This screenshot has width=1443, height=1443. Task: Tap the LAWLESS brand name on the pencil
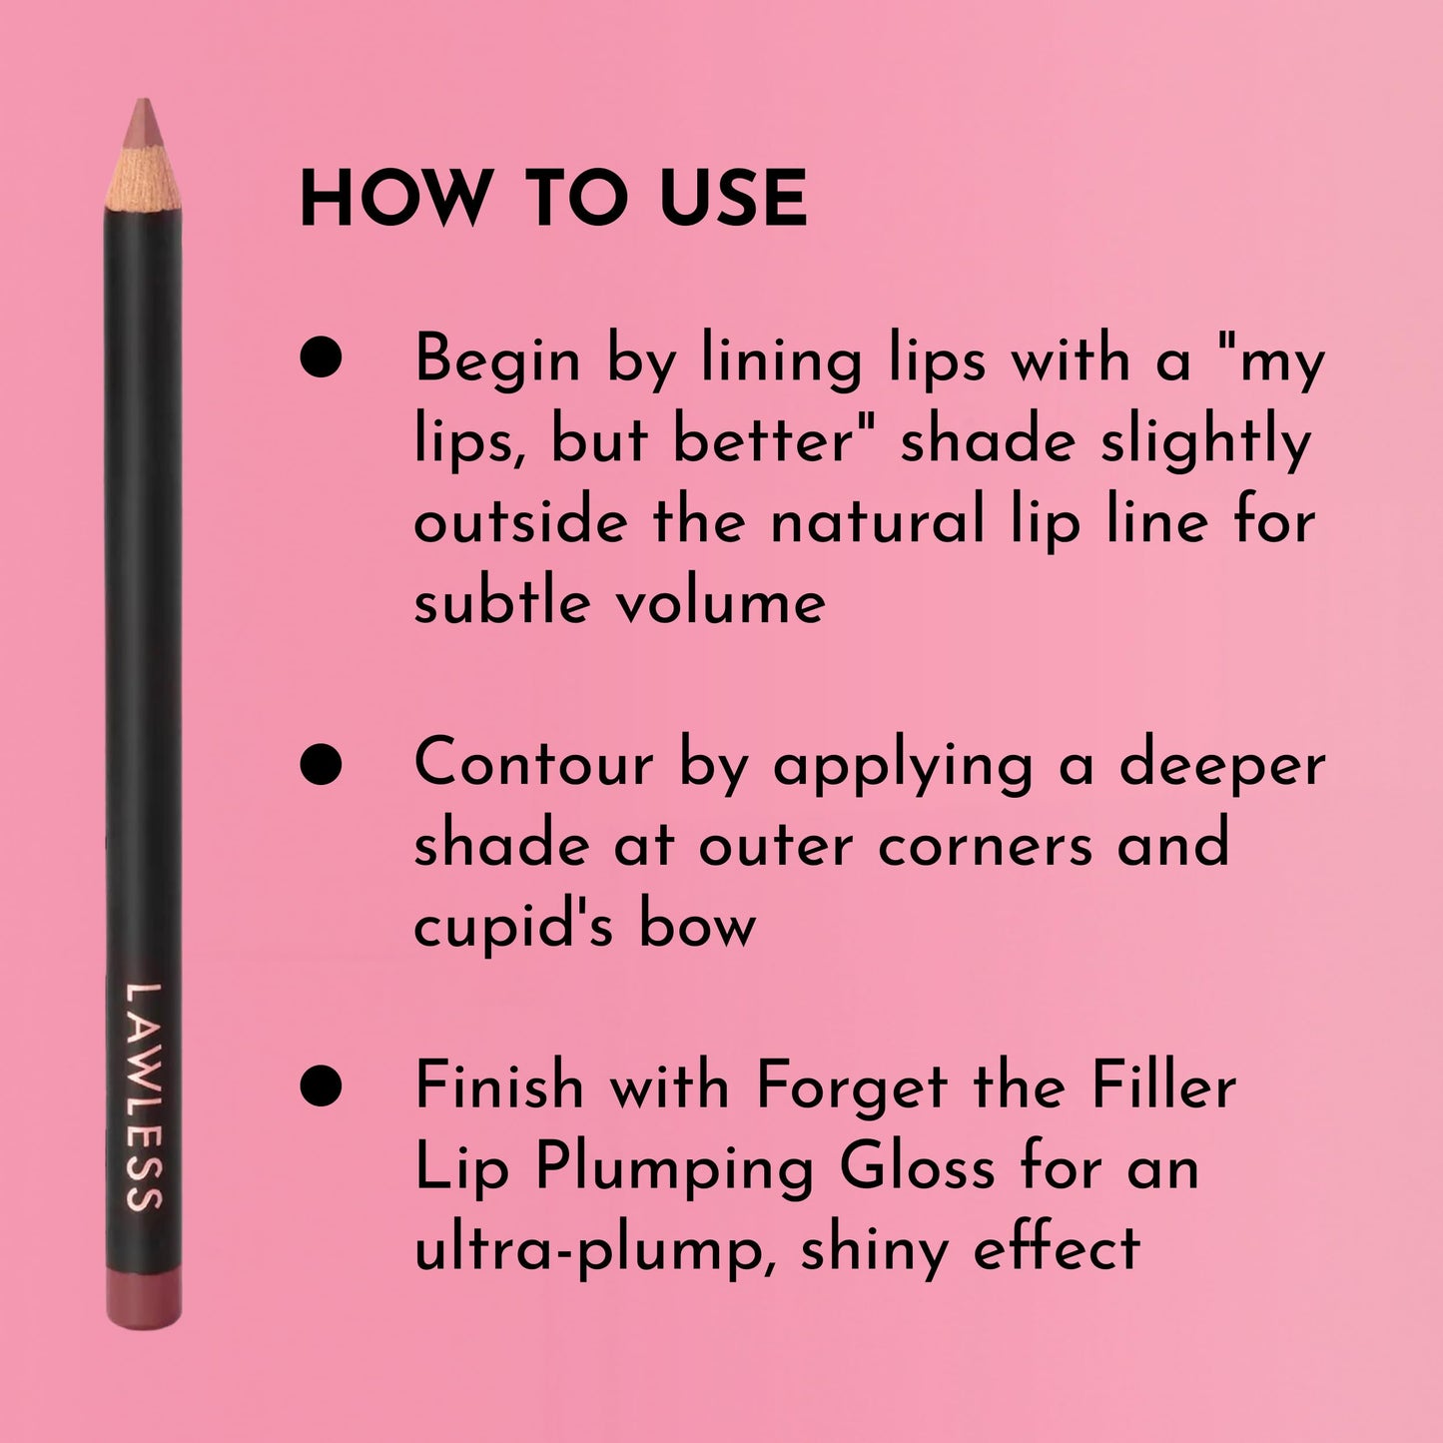click(x=144, y=1096)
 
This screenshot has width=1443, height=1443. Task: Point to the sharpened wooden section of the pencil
click(x=144, y=178)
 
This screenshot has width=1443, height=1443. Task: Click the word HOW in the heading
click(x=392, y=199)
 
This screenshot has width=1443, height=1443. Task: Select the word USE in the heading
click(x=733, y=199)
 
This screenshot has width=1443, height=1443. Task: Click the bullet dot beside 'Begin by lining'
click(x=322, y=359)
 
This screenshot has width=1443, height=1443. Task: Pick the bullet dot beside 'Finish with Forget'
click(x=322, y=1085)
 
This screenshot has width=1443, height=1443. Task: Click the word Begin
click(x=496, y=361)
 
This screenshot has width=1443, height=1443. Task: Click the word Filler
click(x=1163, y=1085)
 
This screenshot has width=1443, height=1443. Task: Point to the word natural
click(x=877, y=521)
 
